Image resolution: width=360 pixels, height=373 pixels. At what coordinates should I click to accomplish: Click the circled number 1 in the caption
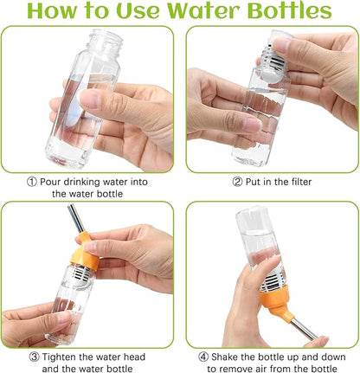tap(30, 182)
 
